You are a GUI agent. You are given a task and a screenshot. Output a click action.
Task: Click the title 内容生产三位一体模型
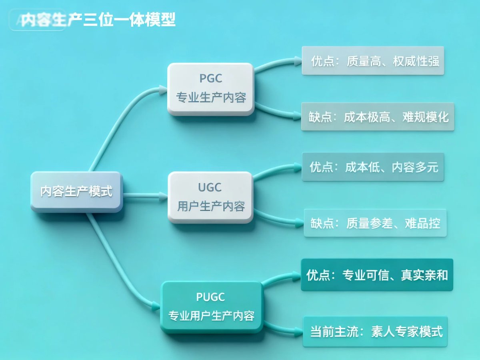(98, 20)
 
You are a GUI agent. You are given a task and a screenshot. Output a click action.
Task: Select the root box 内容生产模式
(76, 192)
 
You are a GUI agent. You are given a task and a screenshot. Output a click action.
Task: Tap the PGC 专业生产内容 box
(211, 89)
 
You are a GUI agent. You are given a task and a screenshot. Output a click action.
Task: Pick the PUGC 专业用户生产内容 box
(212, 307)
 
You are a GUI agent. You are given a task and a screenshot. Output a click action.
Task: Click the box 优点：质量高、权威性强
(373, 61)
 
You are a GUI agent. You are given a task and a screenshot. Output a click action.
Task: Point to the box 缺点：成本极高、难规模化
(378, 116)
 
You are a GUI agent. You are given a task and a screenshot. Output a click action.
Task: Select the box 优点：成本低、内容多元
(373, 167)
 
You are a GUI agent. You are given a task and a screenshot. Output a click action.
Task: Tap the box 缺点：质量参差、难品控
(375, 223)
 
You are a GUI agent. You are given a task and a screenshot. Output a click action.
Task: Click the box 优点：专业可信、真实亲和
(377, 275)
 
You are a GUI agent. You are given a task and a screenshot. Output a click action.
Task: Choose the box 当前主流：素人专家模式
(375, 332)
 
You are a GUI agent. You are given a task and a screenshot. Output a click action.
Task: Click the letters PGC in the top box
(210, 78)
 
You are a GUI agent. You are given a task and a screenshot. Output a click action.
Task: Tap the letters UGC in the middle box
(210, 187)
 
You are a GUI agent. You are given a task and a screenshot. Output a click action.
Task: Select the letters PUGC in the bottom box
(211, 297)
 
